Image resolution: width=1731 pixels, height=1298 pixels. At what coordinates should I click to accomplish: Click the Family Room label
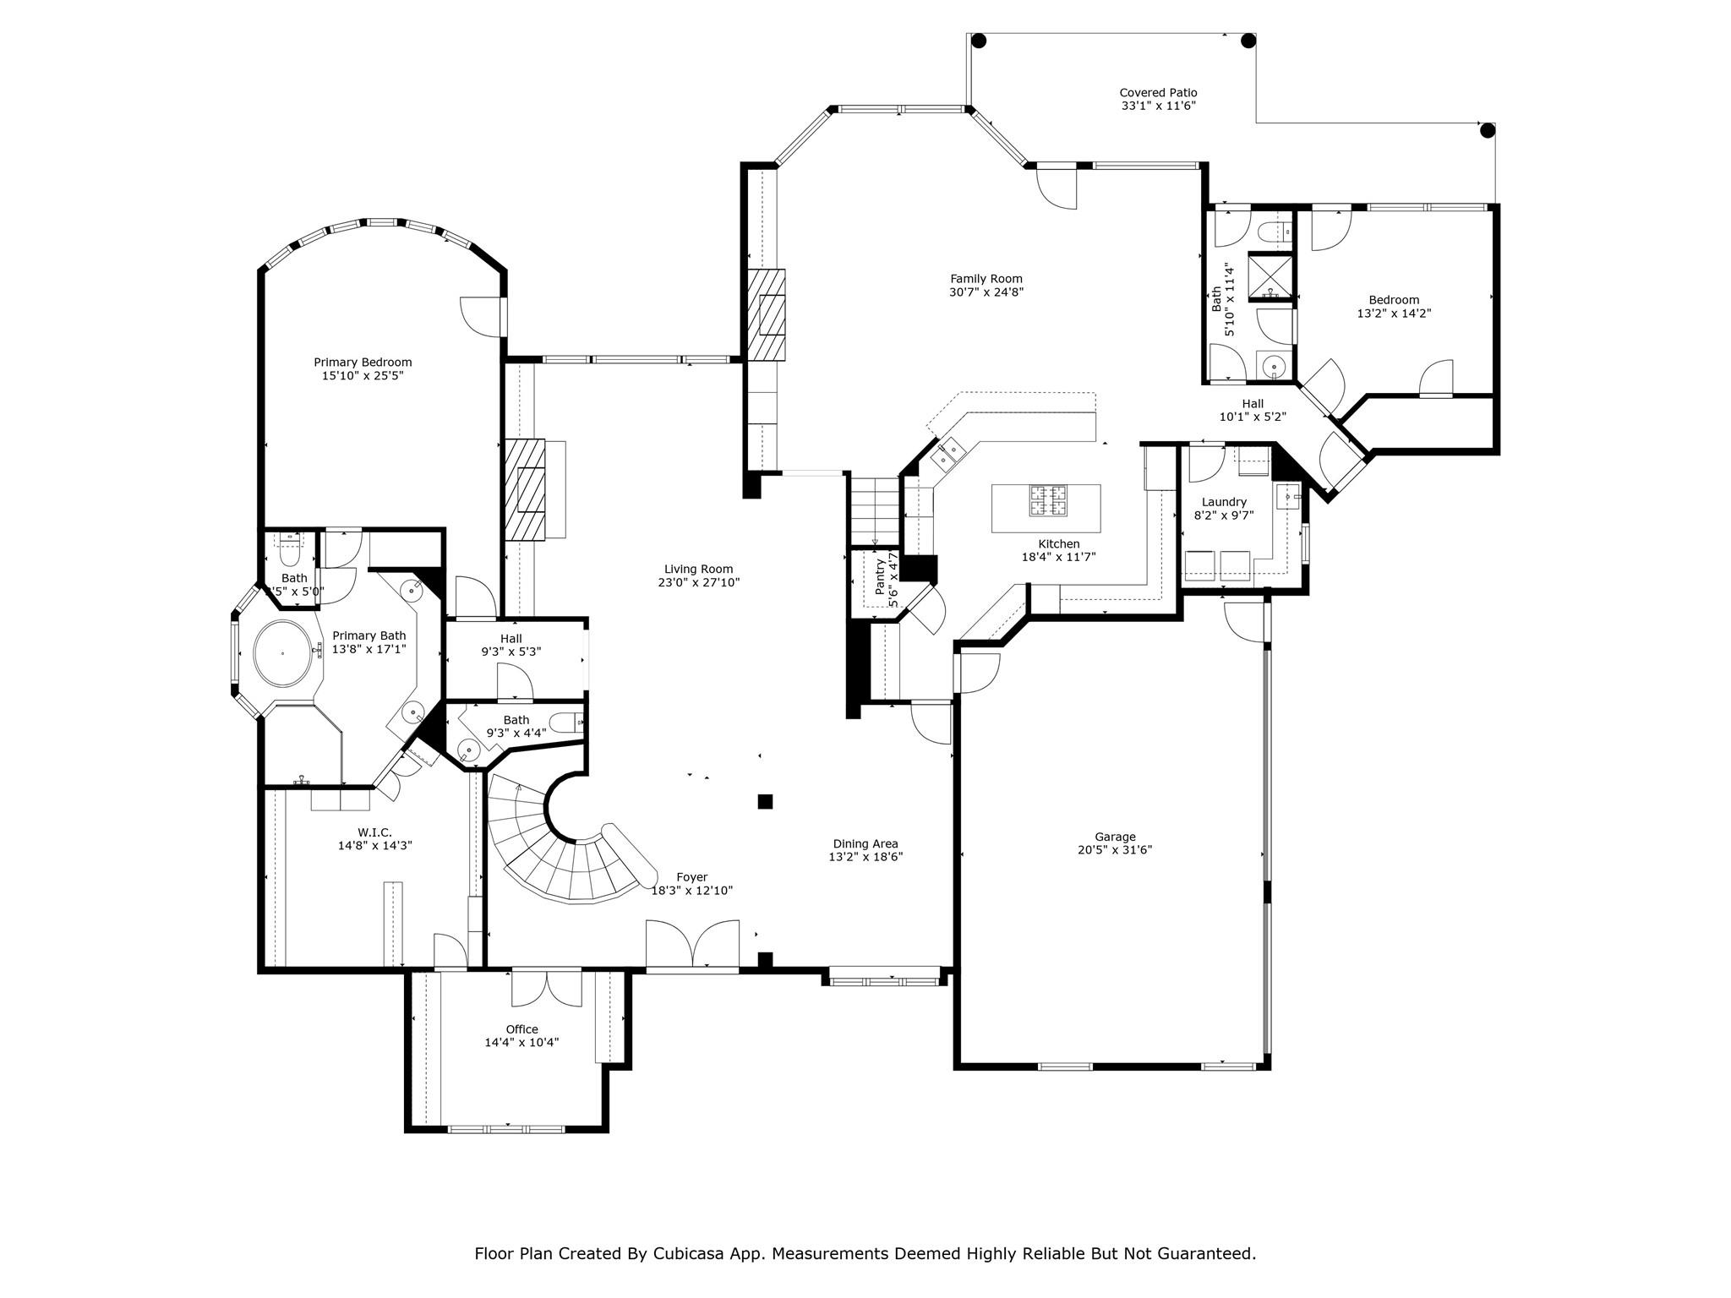(986, 279)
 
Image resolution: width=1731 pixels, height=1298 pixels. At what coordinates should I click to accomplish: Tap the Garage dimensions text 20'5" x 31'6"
(1115, 850)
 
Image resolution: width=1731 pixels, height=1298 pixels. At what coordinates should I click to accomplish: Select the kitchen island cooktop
(1047, 500)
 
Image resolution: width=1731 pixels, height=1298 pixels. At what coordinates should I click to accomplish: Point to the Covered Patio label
(1158, 93)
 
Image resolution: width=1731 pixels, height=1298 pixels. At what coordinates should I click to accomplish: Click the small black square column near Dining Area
(765, 801)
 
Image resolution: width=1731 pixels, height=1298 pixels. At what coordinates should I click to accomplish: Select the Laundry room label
(1223, 502)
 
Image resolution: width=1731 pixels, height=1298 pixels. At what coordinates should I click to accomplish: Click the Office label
(521, 1029)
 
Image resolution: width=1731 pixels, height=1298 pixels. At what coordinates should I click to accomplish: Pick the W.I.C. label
(374, 832)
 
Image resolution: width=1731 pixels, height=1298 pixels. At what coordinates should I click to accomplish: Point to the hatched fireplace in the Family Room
(767, 314)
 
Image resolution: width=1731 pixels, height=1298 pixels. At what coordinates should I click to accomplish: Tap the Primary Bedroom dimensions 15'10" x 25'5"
(363, 376)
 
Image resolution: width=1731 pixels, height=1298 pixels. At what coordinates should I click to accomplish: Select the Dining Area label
(865, 843)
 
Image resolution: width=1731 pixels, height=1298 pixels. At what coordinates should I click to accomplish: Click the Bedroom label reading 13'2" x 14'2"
(1394, 300)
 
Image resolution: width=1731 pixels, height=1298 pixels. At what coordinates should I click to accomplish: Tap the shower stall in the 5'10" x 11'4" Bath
(1270, 276)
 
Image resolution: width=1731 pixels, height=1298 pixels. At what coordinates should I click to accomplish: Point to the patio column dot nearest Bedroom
(1488, 130)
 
